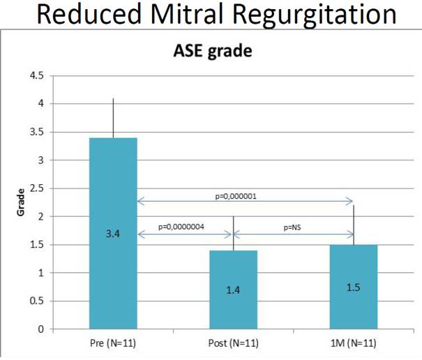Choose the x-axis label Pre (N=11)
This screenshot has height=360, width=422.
coord(113,344)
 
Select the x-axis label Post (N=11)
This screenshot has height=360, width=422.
coord(233,344)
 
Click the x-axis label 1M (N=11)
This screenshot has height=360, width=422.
coord(354,344)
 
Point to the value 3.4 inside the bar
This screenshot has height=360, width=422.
coord(113,236)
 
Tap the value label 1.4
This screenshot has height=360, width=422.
coord(233,289)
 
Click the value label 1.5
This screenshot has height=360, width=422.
coord(354,286)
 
